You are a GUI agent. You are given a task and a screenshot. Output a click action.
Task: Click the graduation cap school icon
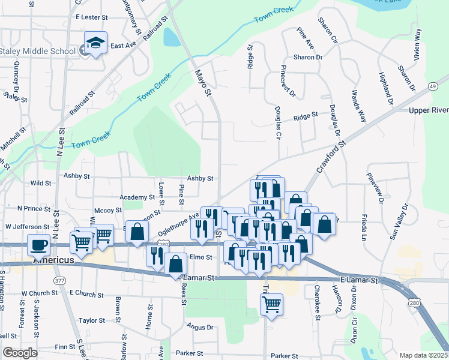click(95, 43)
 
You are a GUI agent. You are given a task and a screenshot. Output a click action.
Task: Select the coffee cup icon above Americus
click(39, 245)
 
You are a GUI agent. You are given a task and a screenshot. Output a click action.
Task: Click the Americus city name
click(53, 260)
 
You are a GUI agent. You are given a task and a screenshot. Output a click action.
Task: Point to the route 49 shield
click(432, 87)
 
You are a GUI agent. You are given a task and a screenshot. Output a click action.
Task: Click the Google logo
click(19, 353)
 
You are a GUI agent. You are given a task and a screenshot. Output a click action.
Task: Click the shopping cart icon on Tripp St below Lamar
click(272, 304)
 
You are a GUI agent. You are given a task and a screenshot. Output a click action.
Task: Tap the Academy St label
click(137, 197)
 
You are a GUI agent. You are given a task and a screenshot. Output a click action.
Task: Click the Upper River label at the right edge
click(429, 110)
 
